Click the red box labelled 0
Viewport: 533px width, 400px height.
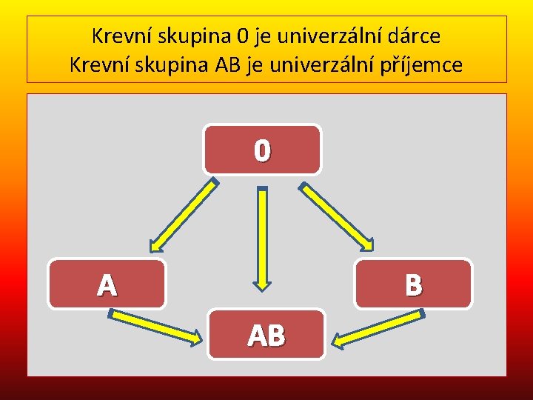pyautogui.click(x=263, y=149)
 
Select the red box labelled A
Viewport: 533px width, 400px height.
pyautogui.click(x=107, y=284)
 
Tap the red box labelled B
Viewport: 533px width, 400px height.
pyautogui.click(x=413, y=284)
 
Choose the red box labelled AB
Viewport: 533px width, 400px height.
pyautogui.click(x=266, y=335)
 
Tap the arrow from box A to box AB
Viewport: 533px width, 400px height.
pyautogui.click(x=155, y=327)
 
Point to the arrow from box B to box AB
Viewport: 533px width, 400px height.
pyautogui.click(x=378, y=327)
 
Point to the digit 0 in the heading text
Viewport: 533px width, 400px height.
pyautogui.click(x=242, y=35)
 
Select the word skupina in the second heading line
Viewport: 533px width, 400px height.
pyautogui.click(x=170, y=64)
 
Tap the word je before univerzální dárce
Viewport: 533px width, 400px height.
pyautogui.click(x=265, y=35)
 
